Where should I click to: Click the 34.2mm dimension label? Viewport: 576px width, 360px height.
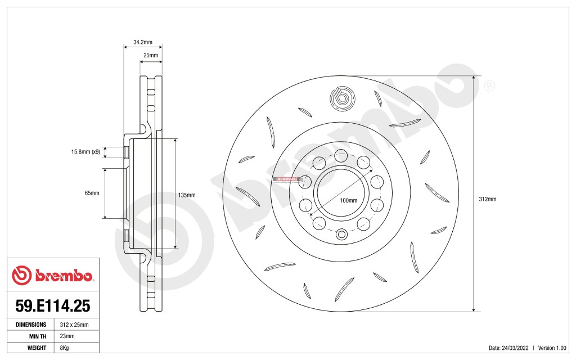point(142,42)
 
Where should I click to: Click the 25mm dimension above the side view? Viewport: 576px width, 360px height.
point(150,56)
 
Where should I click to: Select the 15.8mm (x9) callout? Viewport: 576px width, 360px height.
point(85,152)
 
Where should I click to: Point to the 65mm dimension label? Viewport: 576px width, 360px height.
point(92,193)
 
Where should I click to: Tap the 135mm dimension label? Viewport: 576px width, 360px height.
point(186,195)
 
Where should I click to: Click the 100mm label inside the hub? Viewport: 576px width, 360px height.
point(349,200)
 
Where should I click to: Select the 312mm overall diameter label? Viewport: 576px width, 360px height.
point(487,199)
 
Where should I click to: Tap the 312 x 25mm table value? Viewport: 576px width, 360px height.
point(71,325)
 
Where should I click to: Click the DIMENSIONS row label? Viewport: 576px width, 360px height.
point(31,325)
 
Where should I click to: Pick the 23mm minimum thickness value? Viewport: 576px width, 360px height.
point(66,336)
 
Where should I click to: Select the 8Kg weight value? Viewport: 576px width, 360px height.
point(64,348)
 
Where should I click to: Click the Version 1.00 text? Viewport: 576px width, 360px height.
point(553,348)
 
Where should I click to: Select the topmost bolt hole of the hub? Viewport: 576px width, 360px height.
point(341,155)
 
